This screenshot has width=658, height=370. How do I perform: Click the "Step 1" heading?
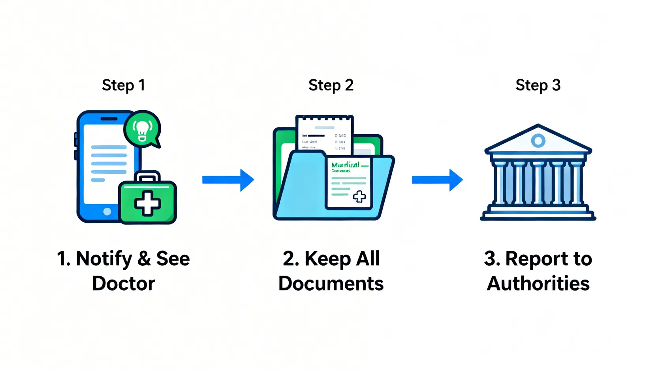(123, 85)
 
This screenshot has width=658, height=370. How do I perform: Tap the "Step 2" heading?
(331, 85)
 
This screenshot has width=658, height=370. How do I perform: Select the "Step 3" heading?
(538, 85)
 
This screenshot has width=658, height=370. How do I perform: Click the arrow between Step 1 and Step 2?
(228, 180)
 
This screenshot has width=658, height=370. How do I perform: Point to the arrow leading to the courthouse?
(437, 180)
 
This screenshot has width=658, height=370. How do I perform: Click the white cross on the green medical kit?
(147, 203)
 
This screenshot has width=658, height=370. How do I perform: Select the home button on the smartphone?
(107, 212)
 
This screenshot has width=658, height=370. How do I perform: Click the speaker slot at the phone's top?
(109, 119)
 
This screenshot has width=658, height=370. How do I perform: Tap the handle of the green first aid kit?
(147, 176)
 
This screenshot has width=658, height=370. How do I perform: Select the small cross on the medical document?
(359, 196)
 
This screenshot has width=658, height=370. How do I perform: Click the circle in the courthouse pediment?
(538, 140)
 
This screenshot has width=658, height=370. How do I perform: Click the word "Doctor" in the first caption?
(124, 284)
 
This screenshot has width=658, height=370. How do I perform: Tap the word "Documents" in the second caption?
(331, 284)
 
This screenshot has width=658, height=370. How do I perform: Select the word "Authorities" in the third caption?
(538, 284)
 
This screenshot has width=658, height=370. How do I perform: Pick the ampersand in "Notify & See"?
(144, 259)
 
